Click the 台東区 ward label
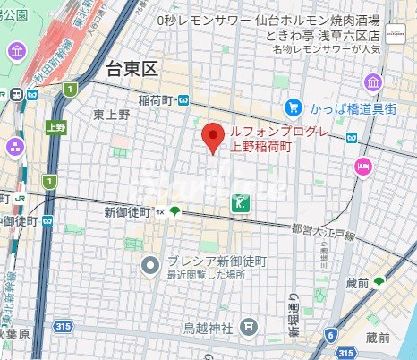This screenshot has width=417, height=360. pos(132,67)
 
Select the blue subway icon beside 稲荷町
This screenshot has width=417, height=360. pos(183,100)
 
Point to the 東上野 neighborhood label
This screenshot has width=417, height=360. pos(112,115)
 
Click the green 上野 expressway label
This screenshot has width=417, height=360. pos(56,127)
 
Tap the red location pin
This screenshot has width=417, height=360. pos(212,138)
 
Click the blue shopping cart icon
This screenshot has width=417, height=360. pos(293,107)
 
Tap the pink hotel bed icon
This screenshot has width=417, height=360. pos(363,165)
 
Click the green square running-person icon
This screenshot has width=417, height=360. pos(240,202)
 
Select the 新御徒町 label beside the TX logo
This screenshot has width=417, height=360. pos(127,212)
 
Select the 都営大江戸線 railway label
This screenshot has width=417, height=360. pos(327,234)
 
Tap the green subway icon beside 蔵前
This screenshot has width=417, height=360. pos(379,282)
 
